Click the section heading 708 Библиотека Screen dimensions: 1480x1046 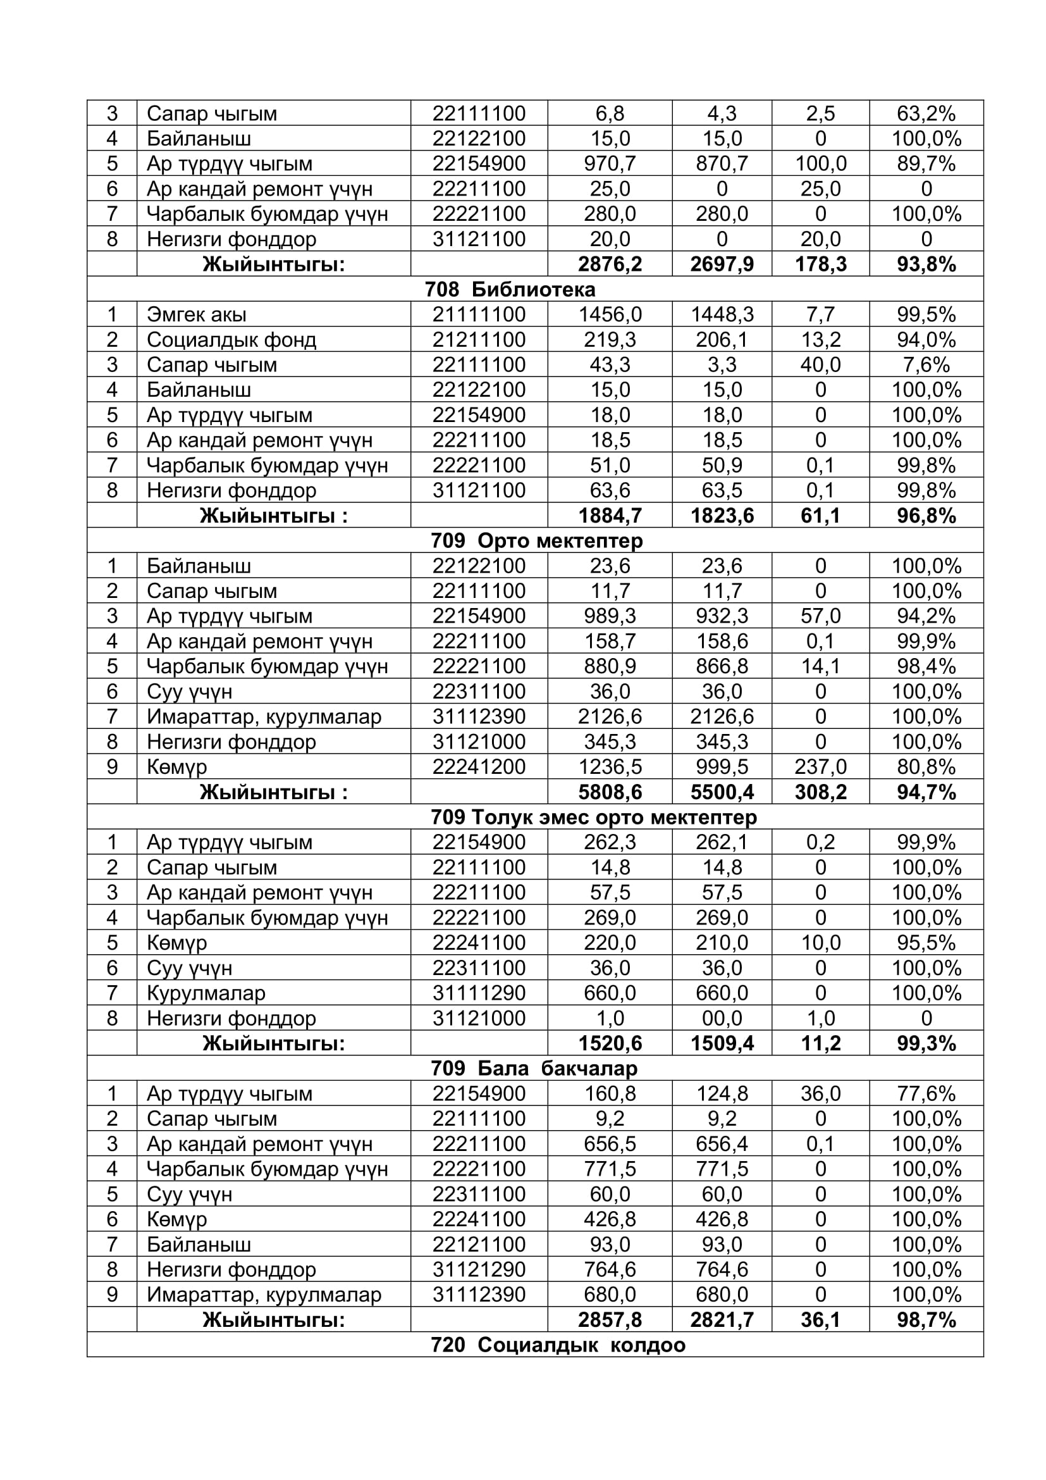pos(510,289)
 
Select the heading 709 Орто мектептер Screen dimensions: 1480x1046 pos(536,540)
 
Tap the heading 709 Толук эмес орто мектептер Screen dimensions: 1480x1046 pos(594,817)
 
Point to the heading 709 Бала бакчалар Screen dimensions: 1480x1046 pos(534,1068)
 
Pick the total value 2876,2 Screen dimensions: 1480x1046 pos(609,264)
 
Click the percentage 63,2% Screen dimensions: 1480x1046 pos(926,113)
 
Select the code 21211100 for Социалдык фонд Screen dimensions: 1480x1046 pos(479,340)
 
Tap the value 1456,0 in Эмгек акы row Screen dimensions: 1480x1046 pos(609,314)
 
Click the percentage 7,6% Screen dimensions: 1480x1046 pos(926,365)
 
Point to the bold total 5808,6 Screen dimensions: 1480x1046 pos(609,792)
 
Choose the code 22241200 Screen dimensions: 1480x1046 pos(479,766)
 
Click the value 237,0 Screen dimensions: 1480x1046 pos(820,766)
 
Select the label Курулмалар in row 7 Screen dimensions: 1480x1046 pos(206,993)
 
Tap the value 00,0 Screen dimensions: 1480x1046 pos(722,1018)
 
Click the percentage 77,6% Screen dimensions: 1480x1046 pos(926,1093)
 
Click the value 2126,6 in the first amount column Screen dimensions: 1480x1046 pos(609,716)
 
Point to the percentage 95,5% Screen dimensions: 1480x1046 pos(926,942)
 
